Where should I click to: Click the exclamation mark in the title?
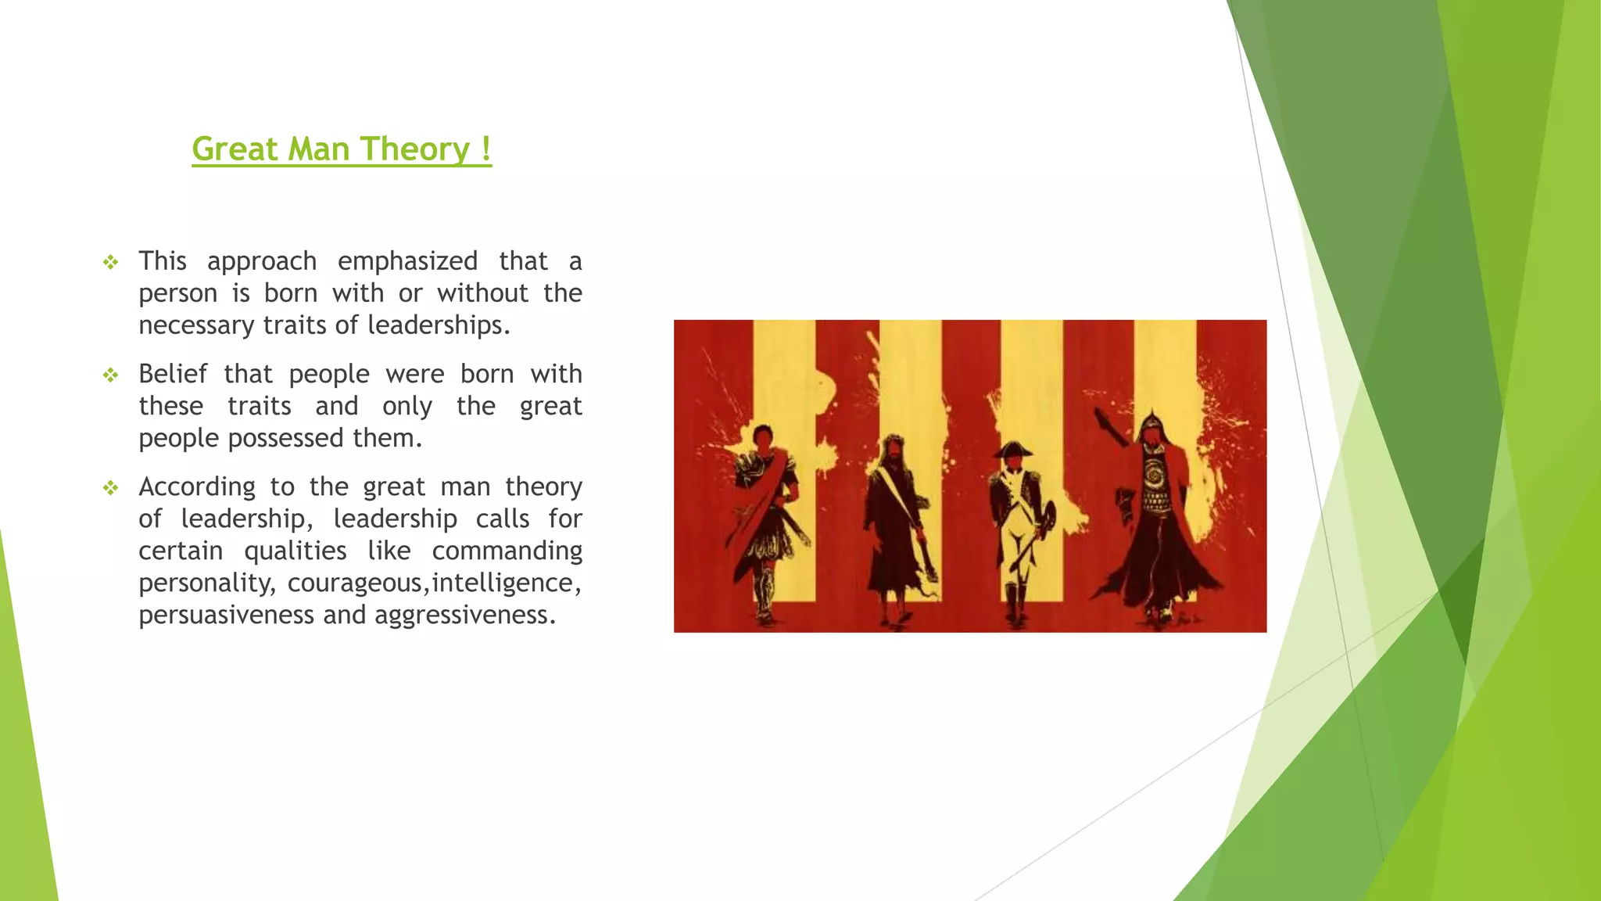(x=486, y=149)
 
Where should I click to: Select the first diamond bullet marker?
(x=111, y=262)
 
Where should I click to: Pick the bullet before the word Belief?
(x=111, y=375)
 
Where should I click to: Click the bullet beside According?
(x=111, y=488)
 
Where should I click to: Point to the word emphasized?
(x=407, y=261)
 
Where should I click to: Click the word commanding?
(x=507, y=551)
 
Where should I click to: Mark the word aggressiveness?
(x=464, y=615)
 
